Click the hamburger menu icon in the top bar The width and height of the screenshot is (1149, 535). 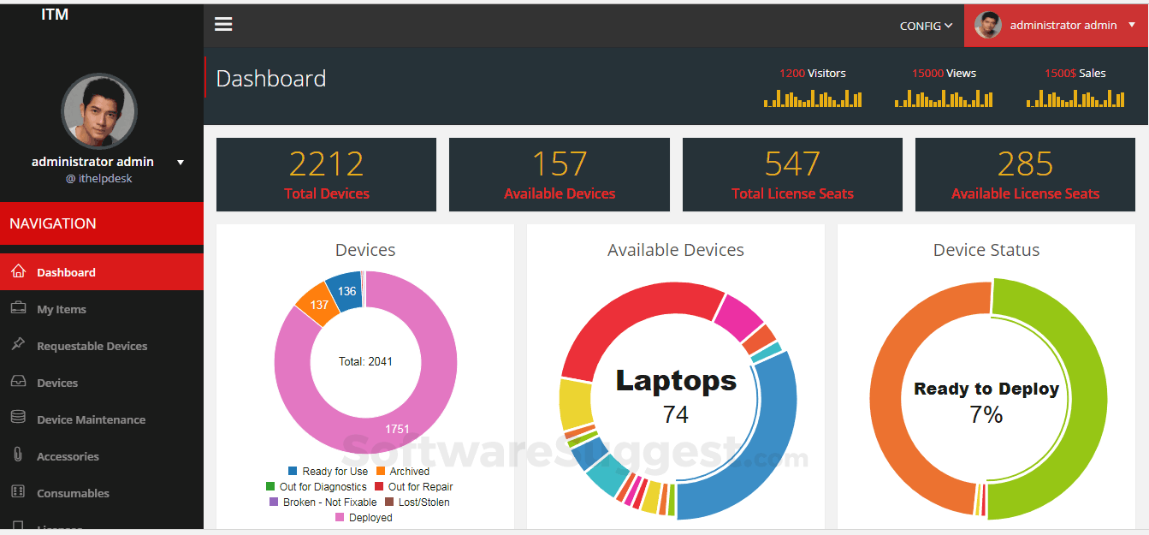tap(223, 24)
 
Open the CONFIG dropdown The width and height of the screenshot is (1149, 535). tap(926, 26)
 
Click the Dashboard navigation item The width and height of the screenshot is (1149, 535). tap(66, 272)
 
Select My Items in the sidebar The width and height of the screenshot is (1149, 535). tap(62, 309)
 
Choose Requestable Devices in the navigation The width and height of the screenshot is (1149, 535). tap(92, 346)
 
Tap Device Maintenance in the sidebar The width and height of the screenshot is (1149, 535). tap(91, 419)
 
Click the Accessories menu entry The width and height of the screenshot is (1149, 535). tap(68, 456)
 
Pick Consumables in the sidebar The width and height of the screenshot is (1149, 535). tap(73, 493)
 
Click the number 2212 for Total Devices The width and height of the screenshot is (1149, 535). tap(326, 163)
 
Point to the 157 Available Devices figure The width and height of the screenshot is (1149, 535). tap(560, 163)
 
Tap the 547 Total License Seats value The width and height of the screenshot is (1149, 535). tap(792, 163)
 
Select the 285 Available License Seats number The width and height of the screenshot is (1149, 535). tap(1025, 163)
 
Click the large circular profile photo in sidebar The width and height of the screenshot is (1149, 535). tap(99, 111)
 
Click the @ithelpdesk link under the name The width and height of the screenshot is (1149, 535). tap(99, 179)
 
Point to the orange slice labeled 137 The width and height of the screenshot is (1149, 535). tap(319, 305)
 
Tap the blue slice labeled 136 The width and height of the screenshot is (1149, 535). tap(346, 291)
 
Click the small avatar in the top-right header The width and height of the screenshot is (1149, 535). tap(988, 25)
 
